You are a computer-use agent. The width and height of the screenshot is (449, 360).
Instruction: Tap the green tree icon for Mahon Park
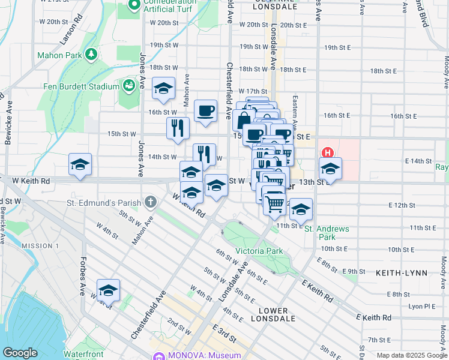click(x=91, y=55)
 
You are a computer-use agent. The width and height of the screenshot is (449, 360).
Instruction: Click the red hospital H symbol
click(x=328, y=152)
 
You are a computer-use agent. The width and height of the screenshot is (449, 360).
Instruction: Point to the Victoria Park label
click(x=258, y=250)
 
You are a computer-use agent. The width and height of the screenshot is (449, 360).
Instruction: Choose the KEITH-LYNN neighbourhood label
click(x=402, y=273)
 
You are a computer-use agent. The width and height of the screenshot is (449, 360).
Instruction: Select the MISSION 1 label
click(x=40, y=246)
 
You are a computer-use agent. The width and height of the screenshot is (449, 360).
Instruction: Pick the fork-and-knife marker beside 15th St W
click(x=178, y=127)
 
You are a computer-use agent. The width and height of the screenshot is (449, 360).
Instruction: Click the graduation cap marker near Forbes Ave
click(x=108, y=290)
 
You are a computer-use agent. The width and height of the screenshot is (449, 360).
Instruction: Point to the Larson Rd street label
click(x=70, y=35)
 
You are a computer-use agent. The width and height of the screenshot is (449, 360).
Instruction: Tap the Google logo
click(x=20, y=353)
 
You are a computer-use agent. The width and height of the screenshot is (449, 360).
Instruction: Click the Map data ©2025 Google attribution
click(x=411, y=355)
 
